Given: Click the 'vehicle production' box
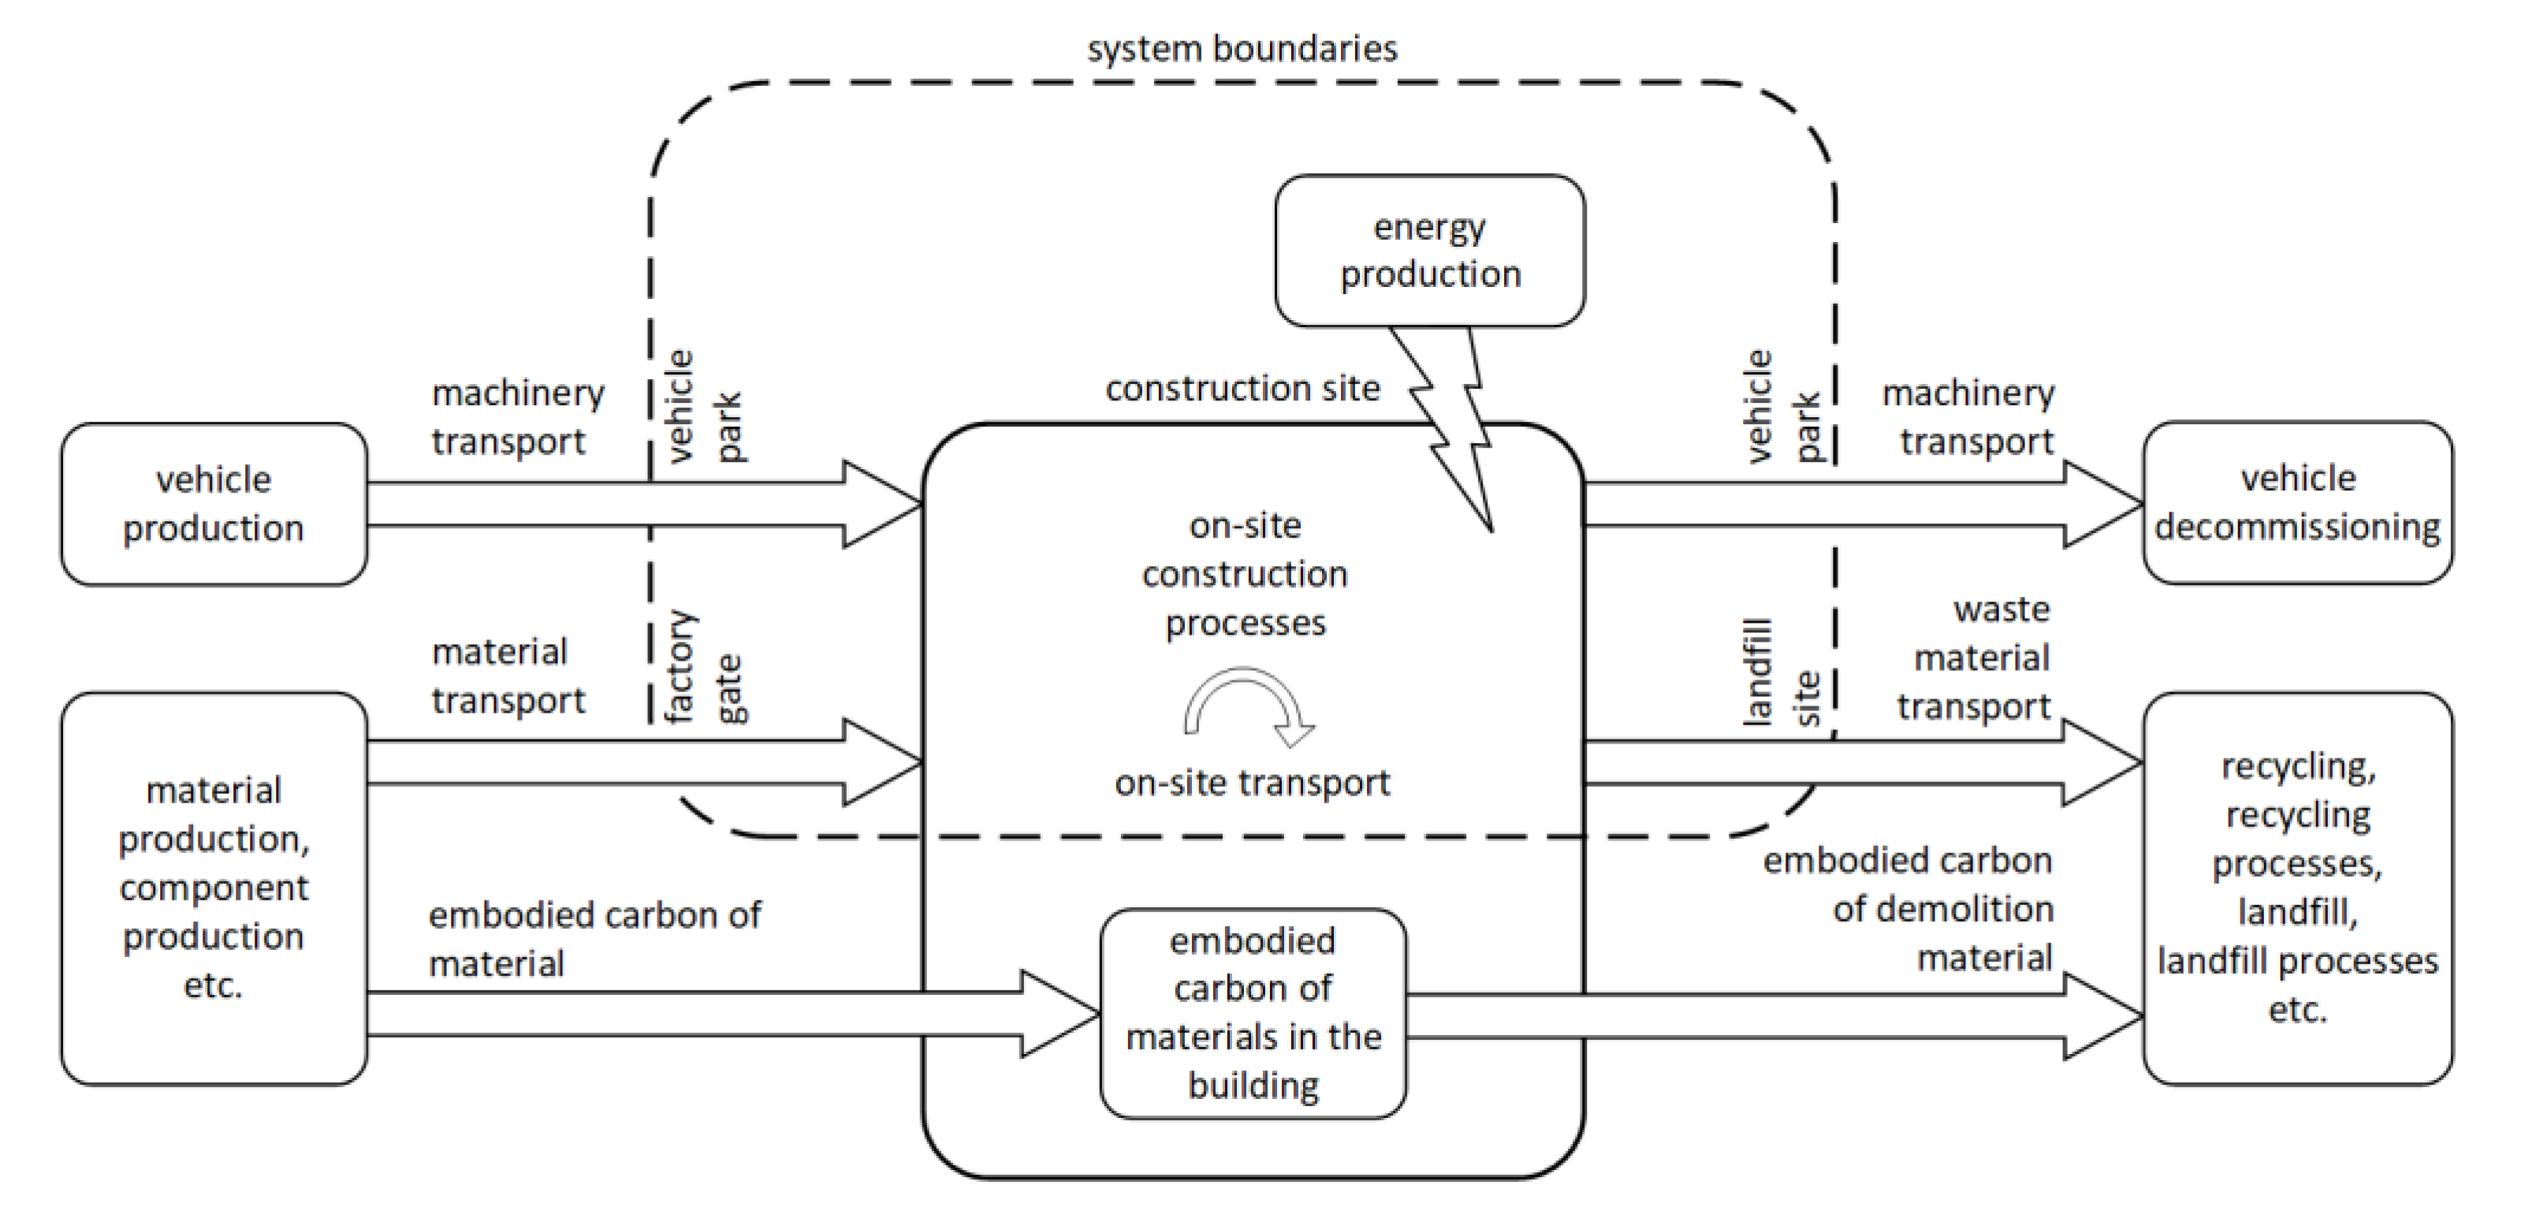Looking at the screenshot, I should coord(214,504).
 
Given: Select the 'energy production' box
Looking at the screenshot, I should coord(1430,251).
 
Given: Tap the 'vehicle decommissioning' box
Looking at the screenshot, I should coord(2297,503).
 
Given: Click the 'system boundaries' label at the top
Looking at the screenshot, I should coord(1242,49).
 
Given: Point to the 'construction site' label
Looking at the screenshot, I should coord(1242,389).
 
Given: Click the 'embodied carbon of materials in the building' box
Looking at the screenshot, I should coord(1253,1012).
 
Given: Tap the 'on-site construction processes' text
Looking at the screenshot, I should coord(1245,574).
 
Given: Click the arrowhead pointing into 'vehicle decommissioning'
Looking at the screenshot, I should coord(2104,504).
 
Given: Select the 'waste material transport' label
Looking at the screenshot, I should coord(1977,658).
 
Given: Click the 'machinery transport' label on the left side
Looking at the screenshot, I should coord(516,417).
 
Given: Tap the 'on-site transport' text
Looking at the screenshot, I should coord(1252,783).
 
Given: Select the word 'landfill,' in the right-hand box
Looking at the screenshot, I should coord(2297,912).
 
